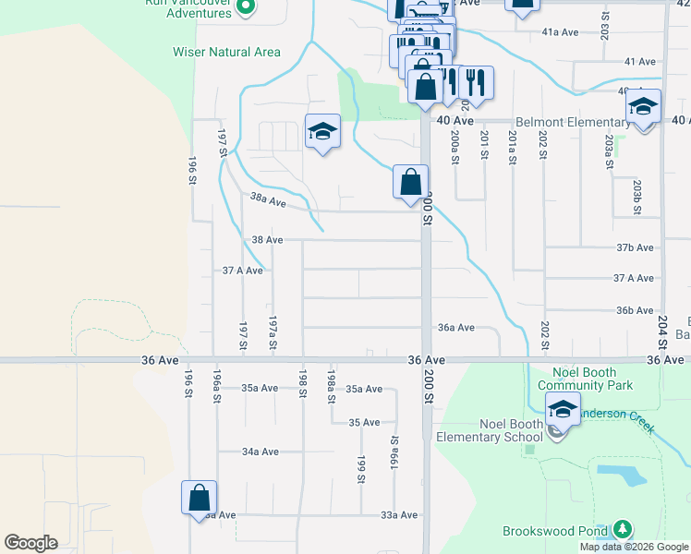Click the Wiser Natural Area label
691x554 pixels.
coord(226,52)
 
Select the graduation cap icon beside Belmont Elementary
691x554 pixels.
coord(643,107)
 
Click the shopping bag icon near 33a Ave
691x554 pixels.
coord(199,498)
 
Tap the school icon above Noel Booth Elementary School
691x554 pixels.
coord(562,409)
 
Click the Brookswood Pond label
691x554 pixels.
coord(555,531)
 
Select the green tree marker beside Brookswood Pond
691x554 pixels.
coord(623,530)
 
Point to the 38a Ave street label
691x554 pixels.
coord(268,199)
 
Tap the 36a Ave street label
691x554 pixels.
coord(456,327)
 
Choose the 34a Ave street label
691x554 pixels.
coord(261,452)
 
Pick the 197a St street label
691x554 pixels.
coord(273,334)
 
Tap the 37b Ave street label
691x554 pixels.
coord(635,247)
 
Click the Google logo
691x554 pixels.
coord(30,543)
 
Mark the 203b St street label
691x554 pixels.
coord(636,197)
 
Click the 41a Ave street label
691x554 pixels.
coord(560,32)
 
